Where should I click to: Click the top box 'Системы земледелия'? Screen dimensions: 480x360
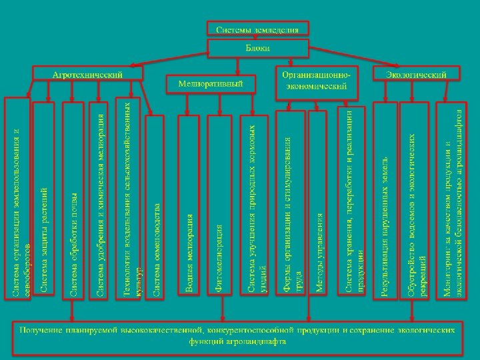(x=257, y=29)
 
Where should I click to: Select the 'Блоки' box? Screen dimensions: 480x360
(x=257, y=49)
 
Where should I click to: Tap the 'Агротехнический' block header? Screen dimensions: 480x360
(x=88, y=74)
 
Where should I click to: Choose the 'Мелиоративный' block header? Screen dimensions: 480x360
(x=210, y=84)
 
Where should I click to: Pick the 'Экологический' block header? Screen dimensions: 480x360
(x=416, y=74)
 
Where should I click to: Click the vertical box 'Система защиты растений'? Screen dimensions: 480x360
(x=44, y=199)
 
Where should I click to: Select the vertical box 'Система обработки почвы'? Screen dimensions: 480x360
(x=73, y=199)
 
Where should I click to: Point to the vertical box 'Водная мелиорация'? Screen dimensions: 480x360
(x=190, y=207)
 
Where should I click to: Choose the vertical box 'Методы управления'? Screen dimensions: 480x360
(x=319, y=203)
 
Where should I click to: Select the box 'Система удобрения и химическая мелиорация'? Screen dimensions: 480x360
(x=100, y=199)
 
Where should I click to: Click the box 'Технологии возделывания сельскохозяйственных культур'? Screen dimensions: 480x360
(x=129, y=199)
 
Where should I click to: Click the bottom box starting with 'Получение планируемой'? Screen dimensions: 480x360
(x=239, y=336)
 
